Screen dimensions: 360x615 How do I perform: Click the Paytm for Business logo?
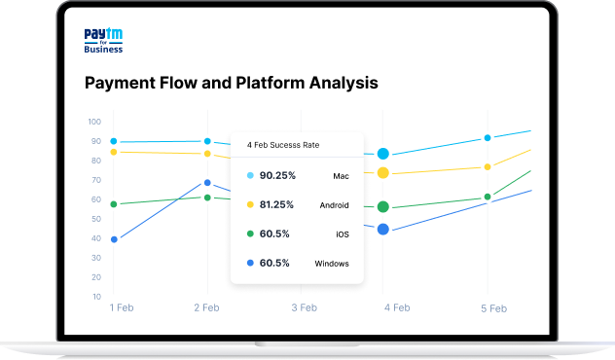(104, 42)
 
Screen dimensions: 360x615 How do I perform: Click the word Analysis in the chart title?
(339, 83)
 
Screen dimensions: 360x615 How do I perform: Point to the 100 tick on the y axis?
(94, 122)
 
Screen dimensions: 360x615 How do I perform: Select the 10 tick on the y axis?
(96, 296)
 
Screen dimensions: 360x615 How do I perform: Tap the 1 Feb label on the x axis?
(122, 307)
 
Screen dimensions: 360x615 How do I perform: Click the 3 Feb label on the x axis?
(304, 307)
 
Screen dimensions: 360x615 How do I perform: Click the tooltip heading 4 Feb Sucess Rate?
(283, 145)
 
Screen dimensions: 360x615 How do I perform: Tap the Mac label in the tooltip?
(341, 176)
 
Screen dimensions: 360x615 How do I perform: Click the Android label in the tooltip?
(333, 205)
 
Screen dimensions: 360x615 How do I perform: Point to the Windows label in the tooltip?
(331, 264)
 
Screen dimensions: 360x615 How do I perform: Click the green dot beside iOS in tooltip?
(250, 234)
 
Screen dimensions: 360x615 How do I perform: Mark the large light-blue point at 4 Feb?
(383, 154)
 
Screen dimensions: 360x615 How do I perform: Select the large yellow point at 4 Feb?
(383, 172)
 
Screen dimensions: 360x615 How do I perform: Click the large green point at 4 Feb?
(383, 206)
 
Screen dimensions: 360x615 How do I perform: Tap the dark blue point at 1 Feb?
(114, 239)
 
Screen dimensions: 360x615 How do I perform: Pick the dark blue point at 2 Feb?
(206, 183)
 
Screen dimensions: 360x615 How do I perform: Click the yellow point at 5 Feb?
(488, 167)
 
